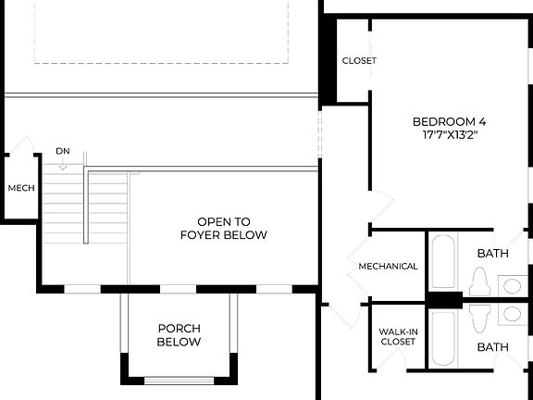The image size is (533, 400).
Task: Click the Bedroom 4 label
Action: (x=449, y=121)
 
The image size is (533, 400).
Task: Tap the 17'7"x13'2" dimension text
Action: (x=449, y=135)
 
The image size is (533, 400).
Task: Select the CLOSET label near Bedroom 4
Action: (x=359, y=61)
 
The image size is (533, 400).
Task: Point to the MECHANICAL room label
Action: (x=389, y=267)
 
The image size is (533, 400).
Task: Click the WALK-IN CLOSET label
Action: (x=397, y=336)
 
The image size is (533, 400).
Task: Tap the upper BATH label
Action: (x=492, y=253)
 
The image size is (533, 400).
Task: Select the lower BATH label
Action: (x=492, y=347)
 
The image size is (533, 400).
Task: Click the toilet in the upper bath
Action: (x=478, y=281)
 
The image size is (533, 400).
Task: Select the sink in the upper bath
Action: (x=512, y=284)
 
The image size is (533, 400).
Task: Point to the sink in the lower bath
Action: (x=512, y=315)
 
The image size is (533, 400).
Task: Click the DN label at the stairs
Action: (x=62, y=151)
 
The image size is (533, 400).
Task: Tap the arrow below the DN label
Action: (x=62, y=165)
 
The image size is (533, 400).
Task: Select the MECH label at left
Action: (x=21, y=188)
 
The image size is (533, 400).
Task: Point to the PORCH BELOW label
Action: (x=180, y=334)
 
